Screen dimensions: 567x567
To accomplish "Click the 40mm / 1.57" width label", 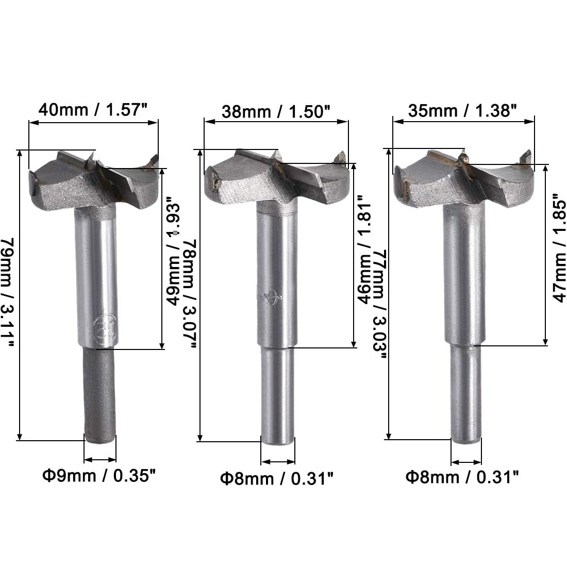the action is click(93, 110).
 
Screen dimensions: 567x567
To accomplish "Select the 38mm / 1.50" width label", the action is click(276, 111).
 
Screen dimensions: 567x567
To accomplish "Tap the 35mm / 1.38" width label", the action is click(462, 110).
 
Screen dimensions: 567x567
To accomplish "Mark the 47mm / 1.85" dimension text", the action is click(559, 248).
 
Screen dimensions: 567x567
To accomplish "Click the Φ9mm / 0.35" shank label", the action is click(99, 475).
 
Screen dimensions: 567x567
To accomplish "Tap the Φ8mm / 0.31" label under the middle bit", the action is click(277, 478).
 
